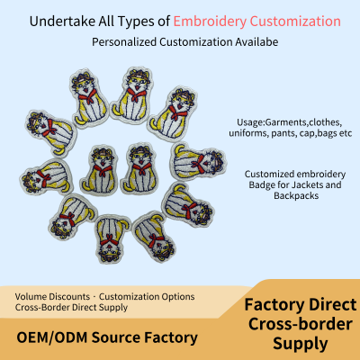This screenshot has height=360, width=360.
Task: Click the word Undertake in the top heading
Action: click(x=62, y=22)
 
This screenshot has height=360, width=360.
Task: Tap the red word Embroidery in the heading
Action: click(x=210, y=22)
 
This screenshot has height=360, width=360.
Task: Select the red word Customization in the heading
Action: click(x=295, y=22)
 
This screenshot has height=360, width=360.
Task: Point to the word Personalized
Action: click(x=124, y=42)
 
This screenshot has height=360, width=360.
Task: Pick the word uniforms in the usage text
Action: click(x=248, y=133)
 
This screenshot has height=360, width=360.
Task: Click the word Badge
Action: click(x=261, y=184)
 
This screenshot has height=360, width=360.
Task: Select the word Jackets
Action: click(x=307, y=184)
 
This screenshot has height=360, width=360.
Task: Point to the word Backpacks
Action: click(x=296, y=195)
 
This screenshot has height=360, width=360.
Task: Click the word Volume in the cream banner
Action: click(x=31, y=297)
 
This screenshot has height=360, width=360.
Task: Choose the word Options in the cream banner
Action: click(x=178, y=297)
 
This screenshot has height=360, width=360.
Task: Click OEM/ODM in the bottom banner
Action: click(x=52, y=337)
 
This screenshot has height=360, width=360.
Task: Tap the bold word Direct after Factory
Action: click(x=333, y=305)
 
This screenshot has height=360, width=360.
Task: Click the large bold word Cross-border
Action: click(x=301, y=324)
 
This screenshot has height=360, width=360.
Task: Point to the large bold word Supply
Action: click(x=301, y=344)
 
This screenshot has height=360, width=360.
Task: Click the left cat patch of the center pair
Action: click(x=100, y=169)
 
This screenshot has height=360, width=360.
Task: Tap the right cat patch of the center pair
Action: click(x=140, y=168)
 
